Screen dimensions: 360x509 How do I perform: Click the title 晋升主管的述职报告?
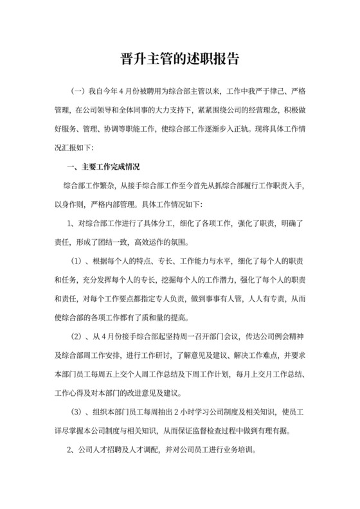pos(179,60)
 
